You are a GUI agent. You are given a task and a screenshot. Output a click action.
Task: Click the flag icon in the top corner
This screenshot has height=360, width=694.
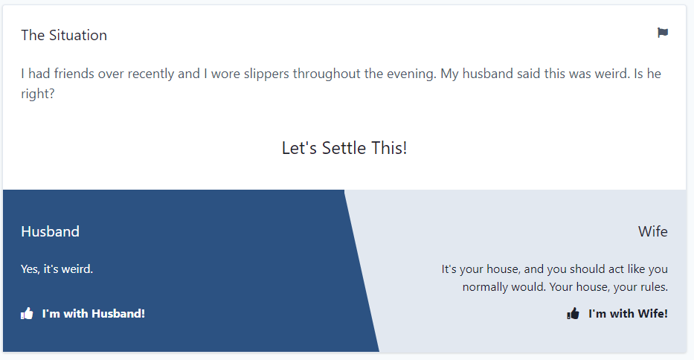coord(663,33)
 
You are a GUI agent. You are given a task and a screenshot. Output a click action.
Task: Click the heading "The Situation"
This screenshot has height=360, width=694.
coord(64,36)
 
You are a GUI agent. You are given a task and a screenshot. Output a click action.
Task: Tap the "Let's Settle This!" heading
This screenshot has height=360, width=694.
coord(344,148)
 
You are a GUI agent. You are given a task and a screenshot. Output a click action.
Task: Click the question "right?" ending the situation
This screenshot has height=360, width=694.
coord(38,94)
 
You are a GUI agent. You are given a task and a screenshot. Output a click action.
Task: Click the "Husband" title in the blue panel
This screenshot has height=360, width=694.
coord(50,231)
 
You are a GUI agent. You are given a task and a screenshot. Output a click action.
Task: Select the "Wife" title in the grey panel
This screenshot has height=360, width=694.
coord(653,231)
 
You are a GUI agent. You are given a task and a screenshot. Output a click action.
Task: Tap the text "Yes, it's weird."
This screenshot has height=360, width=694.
coord(57,269)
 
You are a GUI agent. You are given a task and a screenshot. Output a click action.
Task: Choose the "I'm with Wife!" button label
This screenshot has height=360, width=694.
coord(628,313)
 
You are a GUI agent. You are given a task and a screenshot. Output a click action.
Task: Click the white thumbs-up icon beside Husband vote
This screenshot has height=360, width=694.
coord(27,313)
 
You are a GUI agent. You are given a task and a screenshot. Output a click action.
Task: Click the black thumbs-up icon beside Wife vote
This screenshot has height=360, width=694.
coord(573,313)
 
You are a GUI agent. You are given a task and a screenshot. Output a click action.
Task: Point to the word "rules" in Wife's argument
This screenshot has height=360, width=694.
coord(654,287)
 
